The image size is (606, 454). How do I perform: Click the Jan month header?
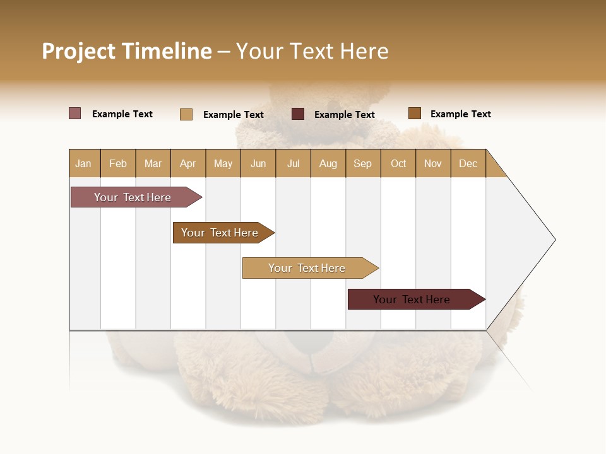pos(84,163)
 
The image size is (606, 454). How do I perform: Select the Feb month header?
pos(118,163)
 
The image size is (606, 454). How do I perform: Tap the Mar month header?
pos(153,163)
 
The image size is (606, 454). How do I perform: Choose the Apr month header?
pos(188,163)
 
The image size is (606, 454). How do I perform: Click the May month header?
pos(223,163)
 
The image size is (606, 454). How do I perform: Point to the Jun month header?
pos(258,163)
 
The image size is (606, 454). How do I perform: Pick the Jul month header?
pos(293,163)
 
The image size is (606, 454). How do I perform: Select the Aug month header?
pos(328,163)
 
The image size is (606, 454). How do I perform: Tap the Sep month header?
pos(363,163)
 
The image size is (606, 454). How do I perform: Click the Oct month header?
pos(398,163)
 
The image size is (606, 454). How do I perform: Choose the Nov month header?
pos(433,163)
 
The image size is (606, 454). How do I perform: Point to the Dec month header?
pos(468,163)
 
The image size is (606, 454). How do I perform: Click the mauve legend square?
pos(75,113)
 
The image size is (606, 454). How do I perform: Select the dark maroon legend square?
pos(298,114)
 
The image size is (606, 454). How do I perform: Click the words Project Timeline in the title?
pos(127,51)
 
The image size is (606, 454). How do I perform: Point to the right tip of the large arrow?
pos(554,240)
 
